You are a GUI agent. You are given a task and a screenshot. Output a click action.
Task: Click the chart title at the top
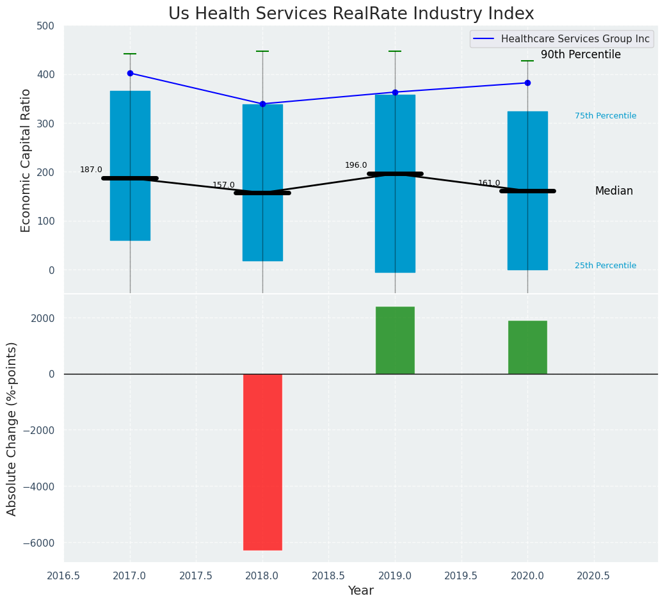(351, 14)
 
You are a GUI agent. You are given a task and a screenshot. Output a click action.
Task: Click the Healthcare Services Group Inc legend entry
(575, 39)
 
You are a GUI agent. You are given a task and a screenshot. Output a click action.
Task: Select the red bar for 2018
(262, 462)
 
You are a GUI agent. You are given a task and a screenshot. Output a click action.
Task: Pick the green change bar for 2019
(395, 340)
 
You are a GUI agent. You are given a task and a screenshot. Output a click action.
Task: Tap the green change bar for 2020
(527, 347)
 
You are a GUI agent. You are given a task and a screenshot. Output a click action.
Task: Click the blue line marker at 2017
(130, 73)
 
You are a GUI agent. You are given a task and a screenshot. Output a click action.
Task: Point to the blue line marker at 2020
(527, 83)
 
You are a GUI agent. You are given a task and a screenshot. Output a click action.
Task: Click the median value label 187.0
(91, 170)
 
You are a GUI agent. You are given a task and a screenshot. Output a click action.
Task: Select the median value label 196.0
(356, 165)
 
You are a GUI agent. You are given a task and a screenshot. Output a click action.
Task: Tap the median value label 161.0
(489, 183)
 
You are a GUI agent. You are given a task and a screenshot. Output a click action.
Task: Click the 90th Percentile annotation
(581, 55)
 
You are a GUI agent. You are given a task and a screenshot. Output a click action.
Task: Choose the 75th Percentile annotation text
(605, 116)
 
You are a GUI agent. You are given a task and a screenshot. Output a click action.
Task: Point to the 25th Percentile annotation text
(605, 266)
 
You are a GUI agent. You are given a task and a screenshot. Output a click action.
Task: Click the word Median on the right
(614, 191)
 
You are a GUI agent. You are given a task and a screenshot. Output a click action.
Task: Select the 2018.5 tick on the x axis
(328, 576)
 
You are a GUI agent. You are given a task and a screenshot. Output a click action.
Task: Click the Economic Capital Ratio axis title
(26, 160)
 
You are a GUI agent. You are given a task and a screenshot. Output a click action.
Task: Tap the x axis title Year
(361, 591)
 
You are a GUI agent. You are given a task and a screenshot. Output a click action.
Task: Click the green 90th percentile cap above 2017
(130, 54)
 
